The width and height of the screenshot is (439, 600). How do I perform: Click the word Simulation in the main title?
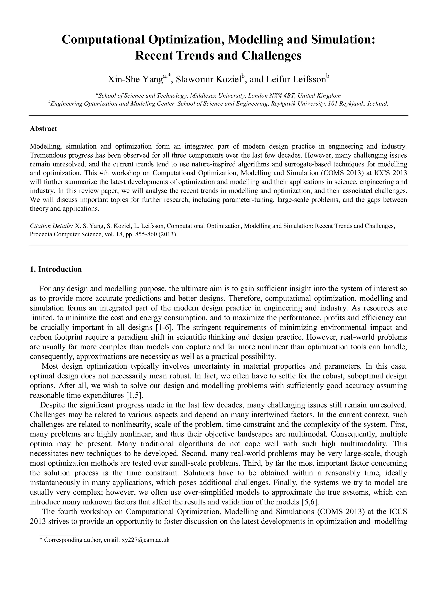[343, 40]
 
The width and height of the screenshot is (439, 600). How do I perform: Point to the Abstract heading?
[43, 129]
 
